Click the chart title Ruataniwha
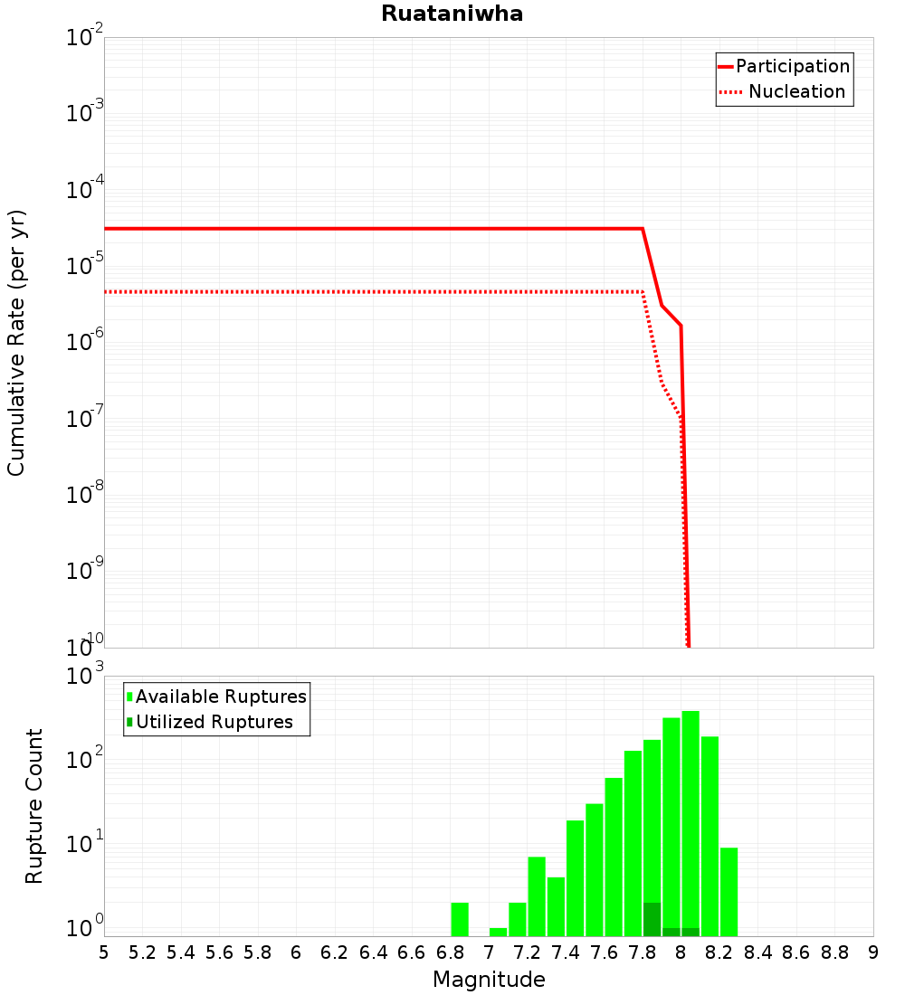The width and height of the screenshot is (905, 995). click(x=452, y=14)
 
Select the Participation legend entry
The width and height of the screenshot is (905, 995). click(x=793, y=66)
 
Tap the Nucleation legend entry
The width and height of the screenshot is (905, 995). click(x=796, y=91)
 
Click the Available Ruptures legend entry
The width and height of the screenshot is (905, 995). click(x=221, y=696)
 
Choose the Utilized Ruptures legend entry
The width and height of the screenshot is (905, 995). click(x=214, y=722)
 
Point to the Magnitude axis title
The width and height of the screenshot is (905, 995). click(x=489, y=980)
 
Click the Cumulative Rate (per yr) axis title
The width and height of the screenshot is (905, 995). click(x=16, y=342)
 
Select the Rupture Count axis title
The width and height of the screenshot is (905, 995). click(x=34, y=806)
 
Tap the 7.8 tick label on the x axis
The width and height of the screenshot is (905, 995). click(x=643, y=952)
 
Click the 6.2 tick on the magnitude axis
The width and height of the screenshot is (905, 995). click(x=335, y=952)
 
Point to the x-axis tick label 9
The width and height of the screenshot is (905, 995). click(x=873, y=952)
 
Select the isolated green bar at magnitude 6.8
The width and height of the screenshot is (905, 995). click(x=460, y=919)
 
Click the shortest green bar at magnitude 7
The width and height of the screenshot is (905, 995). click(x=498, y=932)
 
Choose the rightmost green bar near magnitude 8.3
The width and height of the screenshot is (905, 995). click(x=729, y=891)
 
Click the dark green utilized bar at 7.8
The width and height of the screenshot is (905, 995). click(x=652, y=919)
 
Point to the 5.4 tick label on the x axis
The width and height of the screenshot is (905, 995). click(x=181, y=952)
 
